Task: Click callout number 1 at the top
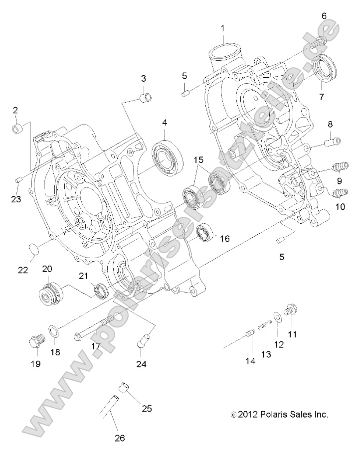pos(223,28)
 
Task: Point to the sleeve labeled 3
pos(146,97)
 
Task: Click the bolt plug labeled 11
pos(290,313)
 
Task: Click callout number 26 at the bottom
pos(119,439)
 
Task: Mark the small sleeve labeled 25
pos(123,387)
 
